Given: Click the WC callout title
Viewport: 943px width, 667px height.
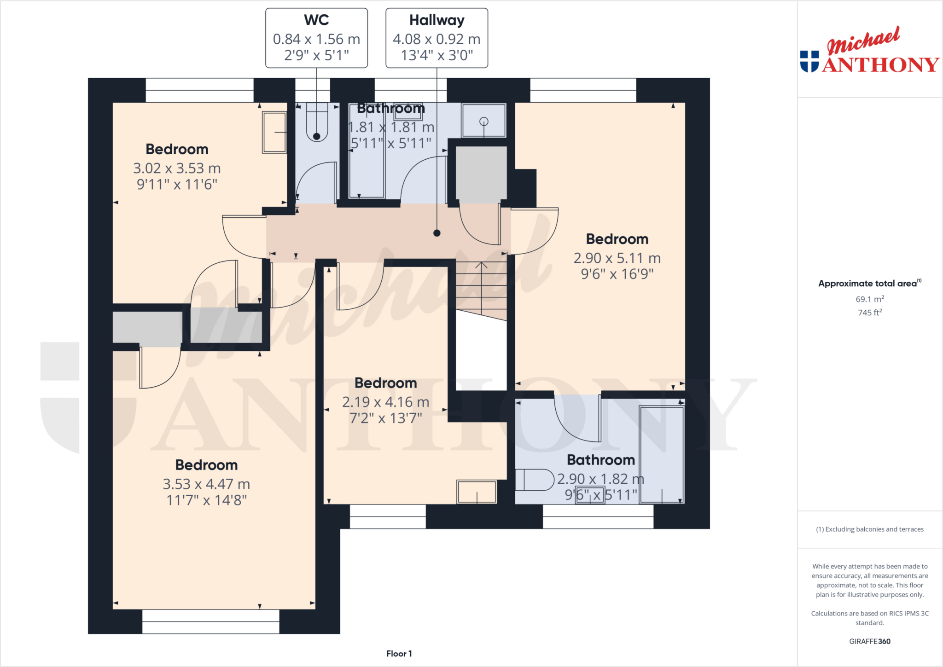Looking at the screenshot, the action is point(316,20).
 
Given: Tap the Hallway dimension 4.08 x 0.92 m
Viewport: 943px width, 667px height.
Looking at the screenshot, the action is point(437,39).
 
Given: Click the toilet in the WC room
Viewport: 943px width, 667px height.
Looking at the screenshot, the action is point(317,122).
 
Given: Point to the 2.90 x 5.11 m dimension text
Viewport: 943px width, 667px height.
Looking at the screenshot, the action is point(617,258).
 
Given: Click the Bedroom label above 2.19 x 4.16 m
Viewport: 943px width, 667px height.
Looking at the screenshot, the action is point(386,383).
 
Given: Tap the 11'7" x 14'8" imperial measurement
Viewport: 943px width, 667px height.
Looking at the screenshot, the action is point(206,500).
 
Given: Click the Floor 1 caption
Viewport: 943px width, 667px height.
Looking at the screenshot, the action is point(399,654).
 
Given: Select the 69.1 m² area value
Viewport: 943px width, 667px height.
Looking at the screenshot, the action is point(870,299).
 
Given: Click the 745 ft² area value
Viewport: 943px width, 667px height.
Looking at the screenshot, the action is point(870,313).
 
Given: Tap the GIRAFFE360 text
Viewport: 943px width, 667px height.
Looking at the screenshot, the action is point(870,642).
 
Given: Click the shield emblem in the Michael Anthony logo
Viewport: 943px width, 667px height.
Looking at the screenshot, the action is point(809,62).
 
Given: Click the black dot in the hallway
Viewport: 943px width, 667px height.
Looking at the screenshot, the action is point(437,233).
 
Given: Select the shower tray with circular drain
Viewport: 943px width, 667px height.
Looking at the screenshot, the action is point(483,121).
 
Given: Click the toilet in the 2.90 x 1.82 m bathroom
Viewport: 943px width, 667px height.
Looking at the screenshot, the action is point(534,480).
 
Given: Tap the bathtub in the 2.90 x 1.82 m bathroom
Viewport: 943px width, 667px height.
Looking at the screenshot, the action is point(662,455).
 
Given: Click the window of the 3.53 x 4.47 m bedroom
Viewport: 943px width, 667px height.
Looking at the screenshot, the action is point(211,621).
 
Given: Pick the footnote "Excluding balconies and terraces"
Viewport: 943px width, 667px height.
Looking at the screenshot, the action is point(874,529).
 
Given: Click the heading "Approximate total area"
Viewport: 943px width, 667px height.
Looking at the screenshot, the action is point(867,284).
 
